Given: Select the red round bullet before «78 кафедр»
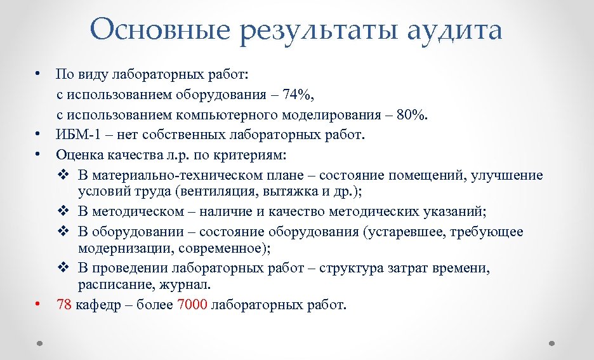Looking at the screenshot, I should pyautogui.click(x=38, y=303).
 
